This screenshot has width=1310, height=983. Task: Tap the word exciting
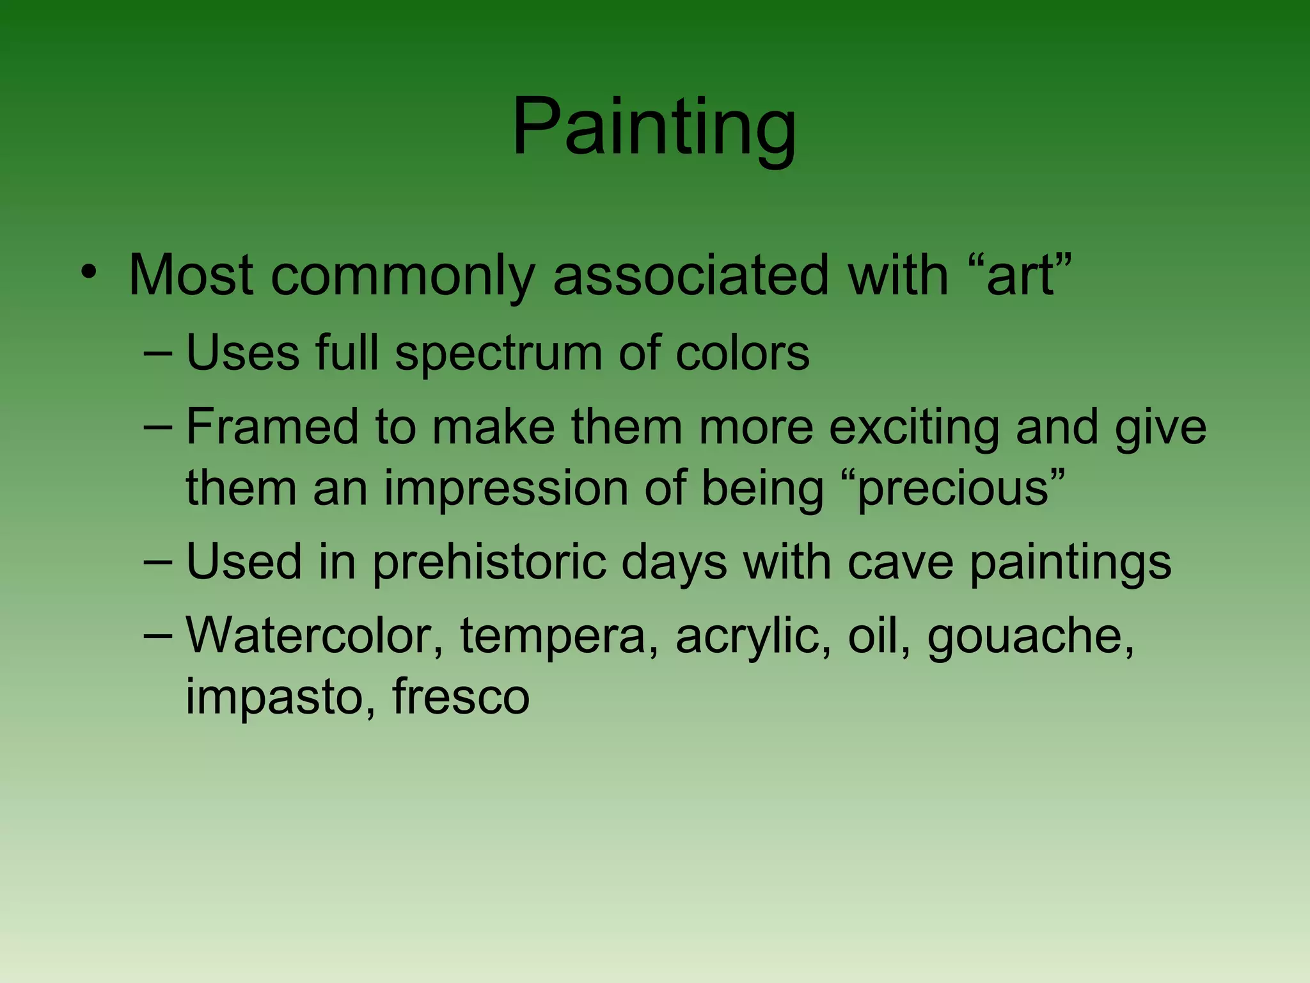[x=913, y=428]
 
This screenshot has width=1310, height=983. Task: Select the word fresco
[x=461, y=696]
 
